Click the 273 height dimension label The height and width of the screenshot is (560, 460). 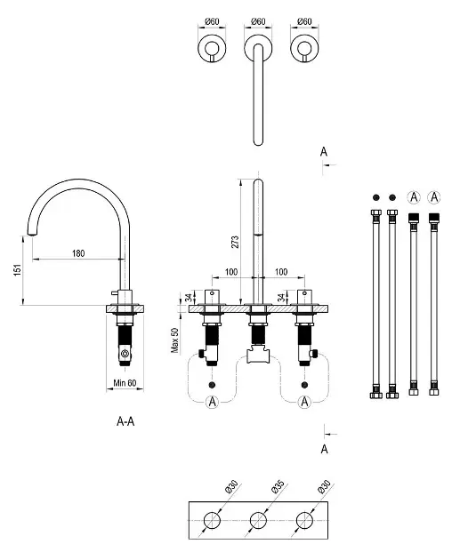pos(235,242)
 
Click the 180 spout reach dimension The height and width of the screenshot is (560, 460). pos(78,253)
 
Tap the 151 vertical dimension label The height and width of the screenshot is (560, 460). pos(18,269)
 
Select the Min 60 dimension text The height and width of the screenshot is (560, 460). pos(125,383)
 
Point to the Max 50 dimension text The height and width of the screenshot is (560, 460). pos(174,340)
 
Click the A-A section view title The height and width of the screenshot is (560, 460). pos(125,421)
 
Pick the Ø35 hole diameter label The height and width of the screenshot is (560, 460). pos(278,487)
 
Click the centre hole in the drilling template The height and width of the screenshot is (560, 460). pos(258,520)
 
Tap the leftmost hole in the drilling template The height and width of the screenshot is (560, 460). pos(212,520)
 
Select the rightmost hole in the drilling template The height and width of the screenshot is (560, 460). pos(304,520)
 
